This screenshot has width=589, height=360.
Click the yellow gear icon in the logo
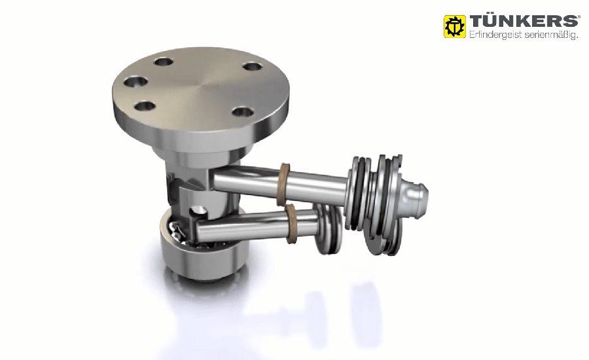tap(455, 26)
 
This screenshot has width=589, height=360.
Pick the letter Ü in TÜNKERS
tap(491, 21)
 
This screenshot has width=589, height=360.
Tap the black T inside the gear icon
tap(455, 27)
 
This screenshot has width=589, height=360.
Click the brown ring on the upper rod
tap(285, 184)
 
